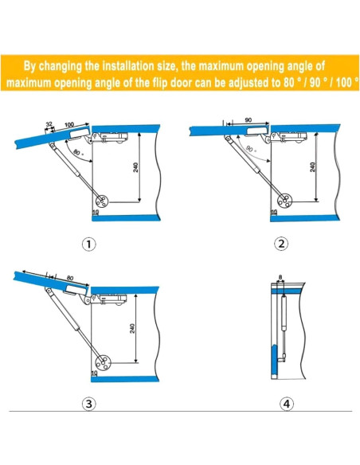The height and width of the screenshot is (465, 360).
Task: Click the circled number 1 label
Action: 88,244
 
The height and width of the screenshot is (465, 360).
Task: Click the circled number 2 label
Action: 281,244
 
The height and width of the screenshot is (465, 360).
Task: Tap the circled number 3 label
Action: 88,404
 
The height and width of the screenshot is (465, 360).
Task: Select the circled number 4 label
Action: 287,404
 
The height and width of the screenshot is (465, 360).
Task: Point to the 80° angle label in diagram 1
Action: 78,153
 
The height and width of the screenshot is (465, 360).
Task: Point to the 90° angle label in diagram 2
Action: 251,149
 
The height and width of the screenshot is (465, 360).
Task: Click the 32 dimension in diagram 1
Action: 49,124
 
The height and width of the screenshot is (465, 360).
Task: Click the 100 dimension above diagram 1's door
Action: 69,124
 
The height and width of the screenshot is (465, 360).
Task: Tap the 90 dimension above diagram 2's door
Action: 248,119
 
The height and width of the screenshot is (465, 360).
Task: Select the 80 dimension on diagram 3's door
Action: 69,278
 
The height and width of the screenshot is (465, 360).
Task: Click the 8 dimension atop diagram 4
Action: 280,278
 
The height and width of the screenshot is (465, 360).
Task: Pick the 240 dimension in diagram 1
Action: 136,167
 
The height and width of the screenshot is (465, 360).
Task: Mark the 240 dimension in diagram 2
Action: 312,167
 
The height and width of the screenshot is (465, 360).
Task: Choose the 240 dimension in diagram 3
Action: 132,328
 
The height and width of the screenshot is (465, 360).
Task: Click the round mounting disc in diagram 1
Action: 102,201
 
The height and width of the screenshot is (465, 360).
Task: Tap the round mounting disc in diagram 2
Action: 284,201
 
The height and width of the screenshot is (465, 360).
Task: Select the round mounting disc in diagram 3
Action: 103,362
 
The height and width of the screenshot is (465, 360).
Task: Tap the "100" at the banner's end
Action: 344,82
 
